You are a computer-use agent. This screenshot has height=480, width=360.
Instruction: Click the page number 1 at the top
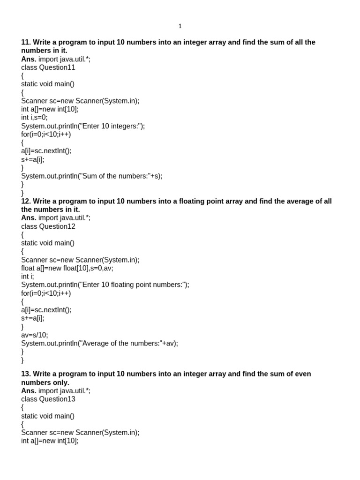point(180,26)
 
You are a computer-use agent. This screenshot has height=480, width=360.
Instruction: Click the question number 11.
point(26,42)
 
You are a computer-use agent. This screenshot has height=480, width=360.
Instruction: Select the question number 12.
point(26,201)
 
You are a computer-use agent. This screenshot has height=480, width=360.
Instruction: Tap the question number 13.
point(26,374)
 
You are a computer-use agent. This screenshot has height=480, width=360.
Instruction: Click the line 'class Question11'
point(48,67)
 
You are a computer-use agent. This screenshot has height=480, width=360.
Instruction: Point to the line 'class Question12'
point(48,226)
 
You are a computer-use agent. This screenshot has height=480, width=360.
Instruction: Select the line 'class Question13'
point(48,399)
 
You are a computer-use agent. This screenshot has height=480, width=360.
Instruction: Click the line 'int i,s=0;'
point(34,118)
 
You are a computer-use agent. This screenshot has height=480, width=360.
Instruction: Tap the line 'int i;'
point(28,277)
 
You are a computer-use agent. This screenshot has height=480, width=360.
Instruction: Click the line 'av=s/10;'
point(35,335)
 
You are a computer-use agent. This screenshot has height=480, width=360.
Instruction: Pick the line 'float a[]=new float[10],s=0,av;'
point(67,268)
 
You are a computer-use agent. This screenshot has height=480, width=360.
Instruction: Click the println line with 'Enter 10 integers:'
point(83,126)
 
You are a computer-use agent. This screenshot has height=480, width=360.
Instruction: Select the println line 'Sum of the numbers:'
point(92,176)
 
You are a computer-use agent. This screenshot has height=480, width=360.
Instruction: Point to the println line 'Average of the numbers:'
point(100,344)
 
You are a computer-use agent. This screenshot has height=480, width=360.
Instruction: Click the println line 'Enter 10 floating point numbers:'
point(105,285)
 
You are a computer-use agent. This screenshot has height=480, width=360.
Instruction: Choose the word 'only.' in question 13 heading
point(60,382)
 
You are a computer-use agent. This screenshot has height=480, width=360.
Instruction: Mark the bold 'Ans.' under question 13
point(29,390)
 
